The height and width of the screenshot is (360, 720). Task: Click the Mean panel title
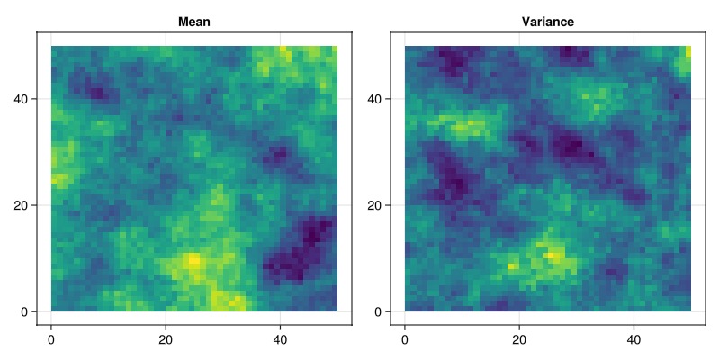pos(194,22)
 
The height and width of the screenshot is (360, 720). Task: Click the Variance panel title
pos(548,22)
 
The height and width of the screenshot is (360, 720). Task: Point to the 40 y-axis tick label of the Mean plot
pos(25,99)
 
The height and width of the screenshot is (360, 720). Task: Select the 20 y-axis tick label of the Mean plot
pos(25,205)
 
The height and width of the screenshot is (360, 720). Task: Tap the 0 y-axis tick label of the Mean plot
pos(29,311)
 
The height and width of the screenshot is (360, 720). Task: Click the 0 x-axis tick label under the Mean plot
pos(51,340)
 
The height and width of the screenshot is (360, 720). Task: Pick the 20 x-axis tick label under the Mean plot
pos(166,340)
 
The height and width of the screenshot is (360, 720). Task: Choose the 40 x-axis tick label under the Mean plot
pos(280,340)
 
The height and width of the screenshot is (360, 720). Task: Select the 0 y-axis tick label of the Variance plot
pos(382,311)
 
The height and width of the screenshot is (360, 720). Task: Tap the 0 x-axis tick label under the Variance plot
pos(404,340)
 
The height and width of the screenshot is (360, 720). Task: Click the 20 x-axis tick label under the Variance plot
pos(519,340)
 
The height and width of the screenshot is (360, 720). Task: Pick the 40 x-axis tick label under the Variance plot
pos(634,340)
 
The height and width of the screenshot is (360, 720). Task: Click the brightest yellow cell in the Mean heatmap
pos(194,261)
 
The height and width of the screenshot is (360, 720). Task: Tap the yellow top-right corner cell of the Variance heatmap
pos(688,51)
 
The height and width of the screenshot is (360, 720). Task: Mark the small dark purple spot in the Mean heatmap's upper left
pos(97,94)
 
